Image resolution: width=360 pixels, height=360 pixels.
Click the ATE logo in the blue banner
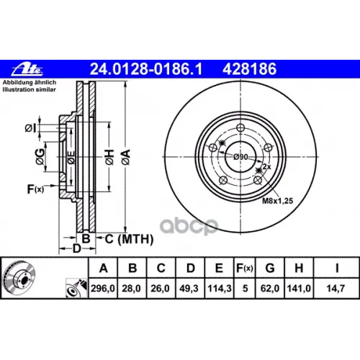pos(27,69)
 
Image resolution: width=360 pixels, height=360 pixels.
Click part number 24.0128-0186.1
pos(146,69)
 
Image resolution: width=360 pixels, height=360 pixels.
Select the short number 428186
pos(249,69)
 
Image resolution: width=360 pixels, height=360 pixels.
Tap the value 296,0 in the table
pos(103,288)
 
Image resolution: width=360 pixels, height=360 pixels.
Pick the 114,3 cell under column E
pos(220,288)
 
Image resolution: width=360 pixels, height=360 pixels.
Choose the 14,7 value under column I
pos(336,288)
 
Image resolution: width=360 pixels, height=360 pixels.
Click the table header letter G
pos(270,268)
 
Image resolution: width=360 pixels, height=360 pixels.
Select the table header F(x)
pos(244,268)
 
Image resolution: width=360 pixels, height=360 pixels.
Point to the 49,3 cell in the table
pos(189,288)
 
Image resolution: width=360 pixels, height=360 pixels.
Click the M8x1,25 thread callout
pos(277,201)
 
